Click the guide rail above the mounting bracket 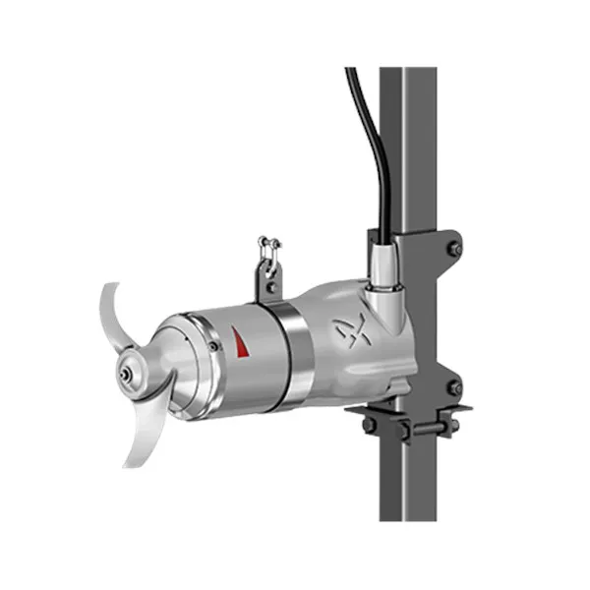click(x=404, y=147)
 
